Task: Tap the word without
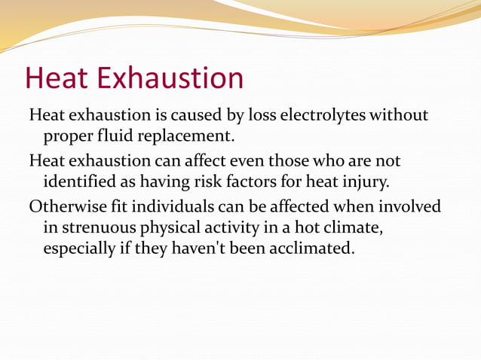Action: click(x=404, y=116)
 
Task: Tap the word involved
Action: click(x=413, y=206)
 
